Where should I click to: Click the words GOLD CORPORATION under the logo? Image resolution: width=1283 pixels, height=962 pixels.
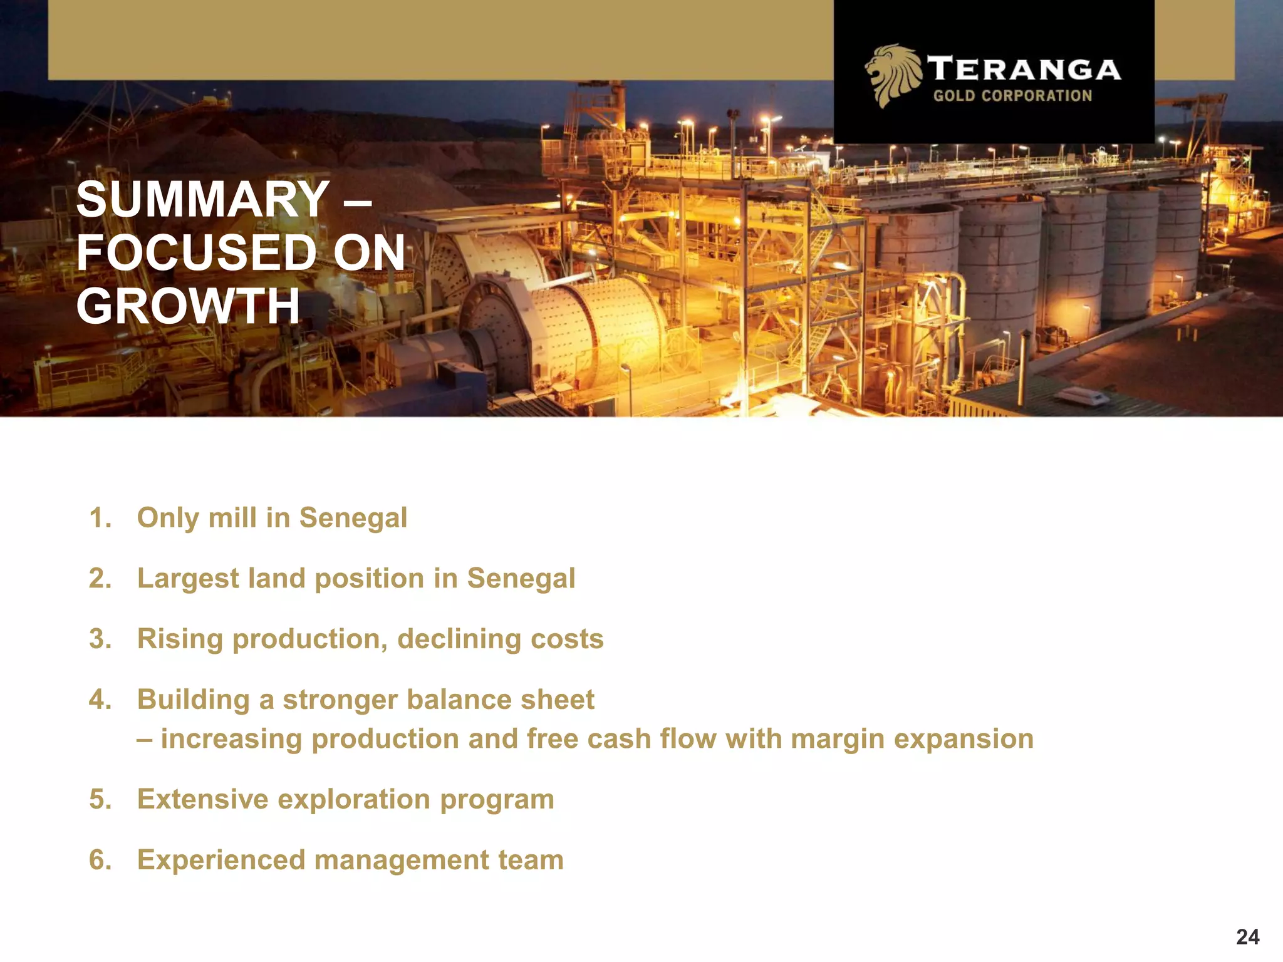pos(1012,96)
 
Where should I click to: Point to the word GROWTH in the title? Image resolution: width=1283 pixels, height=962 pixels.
pos(188,306)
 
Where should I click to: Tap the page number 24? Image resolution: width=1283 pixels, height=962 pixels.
pos(1247,937)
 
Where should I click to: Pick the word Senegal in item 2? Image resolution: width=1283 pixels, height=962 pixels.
pos(521,579)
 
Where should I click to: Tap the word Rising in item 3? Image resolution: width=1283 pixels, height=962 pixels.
pos(180,639)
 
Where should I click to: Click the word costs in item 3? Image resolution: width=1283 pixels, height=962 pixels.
pos(566,639)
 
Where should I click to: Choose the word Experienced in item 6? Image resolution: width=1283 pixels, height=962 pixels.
pos(221,860)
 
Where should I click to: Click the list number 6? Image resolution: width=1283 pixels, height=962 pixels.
pos(100,860)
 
